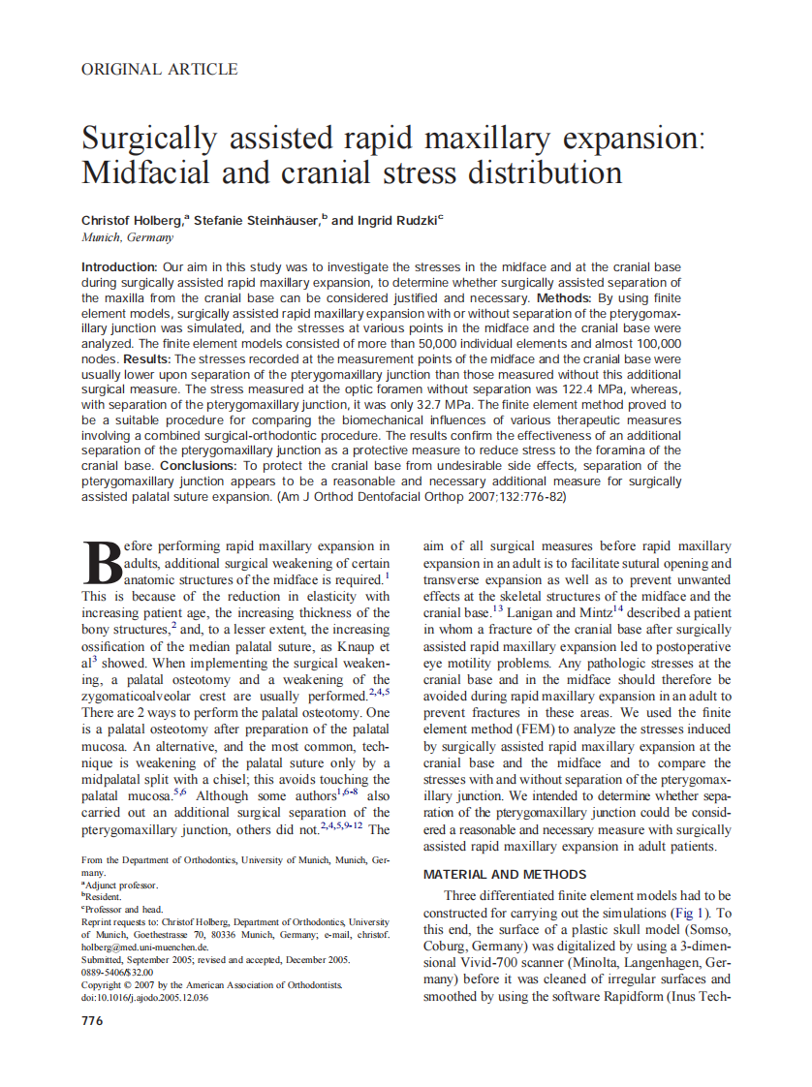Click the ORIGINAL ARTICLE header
click(x=160, y=69)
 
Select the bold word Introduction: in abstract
click(x=119, y=266)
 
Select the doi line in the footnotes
click(x=144, y=998)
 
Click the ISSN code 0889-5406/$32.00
click(x=117, y=972)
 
